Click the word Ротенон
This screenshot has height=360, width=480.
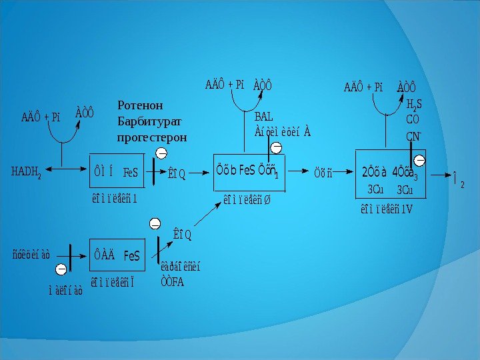coord(140,105)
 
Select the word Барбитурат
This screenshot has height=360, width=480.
coord(148,121)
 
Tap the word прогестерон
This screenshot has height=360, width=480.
coord(152,137)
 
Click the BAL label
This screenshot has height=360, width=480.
coord(265,117)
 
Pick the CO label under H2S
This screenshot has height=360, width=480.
coord(413,121)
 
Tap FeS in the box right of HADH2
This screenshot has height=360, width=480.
coord(130,173)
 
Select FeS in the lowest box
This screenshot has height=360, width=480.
coord(131,255)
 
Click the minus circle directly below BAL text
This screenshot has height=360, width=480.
coord(276,147)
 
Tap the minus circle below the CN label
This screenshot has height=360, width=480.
coord(420,160)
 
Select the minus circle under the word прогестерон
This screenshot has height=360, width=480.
coord(161,154)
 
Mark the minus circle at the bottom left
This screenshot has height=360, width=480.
coord(61,269)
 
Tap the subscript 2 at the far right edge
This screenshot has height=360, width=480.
coord(463,184)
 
